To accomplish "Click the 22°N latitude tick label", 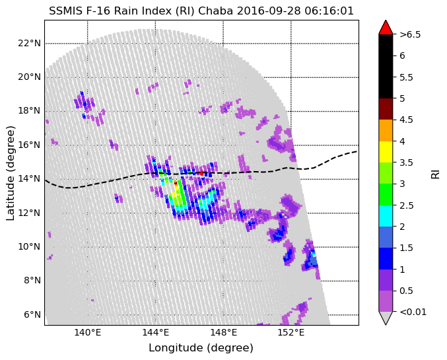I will (29, 44).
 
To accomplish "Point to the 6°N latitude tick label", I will (32, 314).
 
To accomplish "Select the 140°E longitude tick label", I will (87, 332).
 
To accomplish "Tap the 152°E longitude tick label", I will (291, 332).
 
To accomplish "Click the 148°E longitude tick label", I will (223, 332).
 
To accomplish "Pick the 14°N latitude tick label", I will (29, 179).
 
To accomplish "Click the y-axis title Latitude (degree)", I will (11, 173).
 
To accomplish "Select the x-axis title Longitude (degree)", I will (201, 348).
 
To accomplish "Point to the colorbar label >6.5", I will (410, 34).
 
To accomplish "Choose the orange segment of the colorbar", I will (386, 130).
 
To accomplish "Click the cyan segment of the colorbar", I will (386, 215).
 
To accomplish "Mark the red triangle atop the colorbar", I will (386, 27).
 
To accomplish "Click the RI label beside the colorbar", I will (435, 173).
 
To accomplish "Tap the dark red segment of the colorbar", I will (386, 109).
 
